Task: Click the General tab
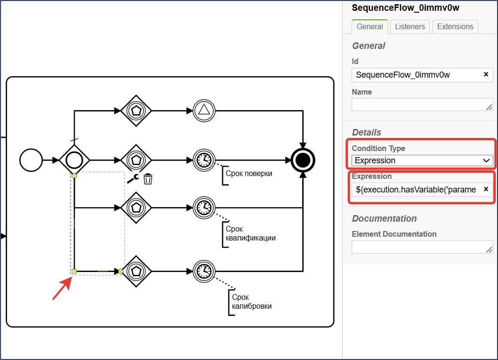(369, 27)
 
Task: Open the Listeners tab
(410, 27)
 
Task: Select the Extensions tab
(455, 27)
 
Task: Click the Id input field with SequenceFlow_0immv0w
(416, 75)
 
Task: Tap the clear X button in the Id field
(486, 74)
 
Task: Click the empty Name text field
(422, 104)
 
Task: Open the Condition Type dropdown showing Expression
(422, 160)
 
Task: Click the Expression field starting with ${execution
(416, 190)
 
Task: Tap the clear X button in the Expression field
(486, 189)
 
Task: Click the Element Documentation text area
(422, 247)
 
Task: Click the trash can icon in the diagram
(148, 179)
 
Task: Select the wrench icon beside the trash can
(133, 179)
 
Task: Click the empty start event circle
(31, 160)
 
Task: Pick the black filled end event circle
(303, 160)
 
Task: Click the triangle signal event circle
(204, 111)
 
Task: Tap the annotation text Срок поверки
(249, 174)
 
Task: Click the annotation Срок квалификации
(250, 233)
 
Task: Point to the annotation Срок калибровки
(251, 302)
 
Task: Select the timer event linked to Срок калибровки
(204, 272)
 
